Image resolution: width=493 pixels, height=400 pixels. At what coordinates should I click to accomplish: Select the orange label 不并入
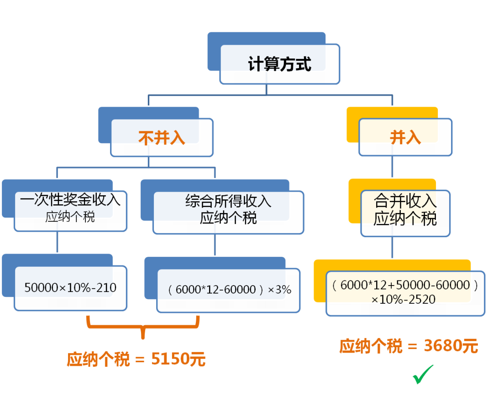162,138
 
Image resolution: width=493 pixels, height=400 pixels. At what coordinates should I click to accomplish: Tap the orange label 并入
405,137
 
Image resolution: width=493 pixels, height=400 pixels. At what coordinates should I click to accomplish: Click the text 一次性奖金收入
70,199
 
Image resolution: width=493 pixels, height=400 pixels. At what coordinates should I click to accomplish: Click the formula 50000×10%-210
70,287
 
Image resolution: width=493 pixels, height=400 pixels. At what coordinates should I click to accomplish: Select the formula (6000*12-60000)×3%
230,289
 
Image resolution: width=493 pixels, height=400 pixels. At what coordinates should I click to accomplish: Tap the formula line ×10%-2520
404,300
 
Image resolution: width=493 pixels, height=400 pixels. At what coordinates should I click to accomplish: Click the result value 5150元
178,359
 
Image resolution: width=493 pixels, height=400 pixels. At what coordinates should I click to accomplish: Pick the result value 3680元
451,346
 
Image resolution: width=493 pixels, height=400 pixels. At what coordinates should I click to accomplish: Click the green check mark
423,374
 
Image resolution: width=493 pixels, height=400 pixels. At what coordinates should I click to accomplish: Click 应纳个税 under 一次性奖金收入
70,217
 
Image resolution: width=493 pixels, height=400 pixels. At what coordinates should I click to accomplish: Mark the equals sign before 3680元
413,347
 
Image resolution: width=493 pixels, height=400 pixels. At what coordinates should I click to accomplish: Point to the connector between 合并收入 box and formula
392,248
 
